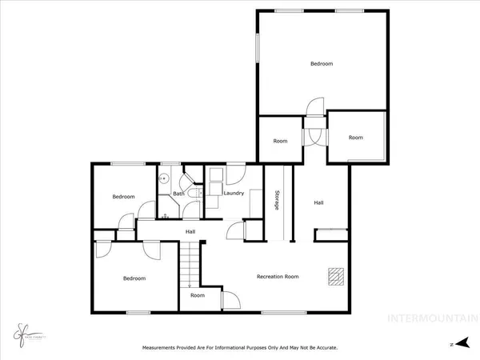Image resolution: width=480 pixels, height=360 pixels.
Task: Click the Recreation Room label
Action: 278,277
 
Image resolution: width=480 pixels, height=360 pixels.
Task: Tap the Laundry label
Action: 234,194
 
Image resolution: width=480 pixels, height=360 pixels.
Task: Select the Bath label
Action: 179,194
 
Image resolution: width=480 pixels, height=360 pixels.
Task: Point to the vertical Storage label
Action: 277,202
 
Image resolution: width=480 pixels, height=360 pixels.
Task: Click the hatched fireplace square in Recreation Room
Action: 337,276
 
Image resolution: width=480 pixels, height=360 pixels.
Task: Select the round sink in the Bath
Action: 163,179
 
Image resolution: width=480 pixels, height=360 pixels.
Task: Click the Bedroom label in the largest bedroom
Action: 322,64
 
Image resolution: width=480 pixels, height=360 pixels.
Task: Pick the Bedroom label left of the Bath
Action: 123,197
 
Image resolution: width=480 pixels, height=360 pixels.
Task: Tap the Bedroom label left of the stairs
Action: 134,278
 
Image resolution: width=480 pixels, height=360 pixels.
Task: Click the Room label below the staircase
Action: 198,295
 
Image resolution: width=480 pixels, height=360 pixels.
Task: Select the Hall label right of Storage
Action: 318,203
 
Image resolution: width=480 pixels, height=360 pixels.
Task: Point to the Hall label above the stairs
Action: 190,232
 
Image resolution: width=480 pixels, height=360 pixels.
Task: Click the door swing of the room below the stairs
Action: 229,301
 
